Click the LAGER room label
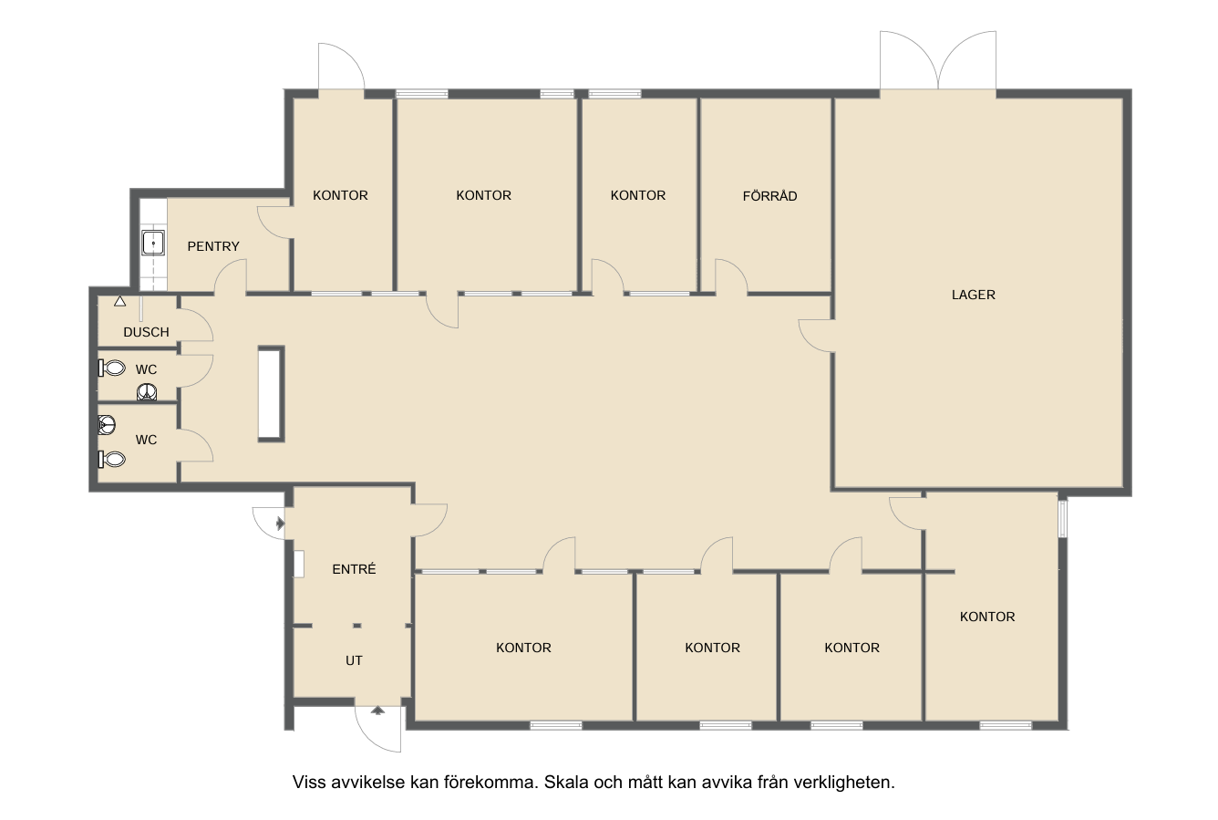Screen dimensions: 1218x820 [974, 295]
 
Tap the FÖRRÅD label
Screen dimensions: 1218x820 [770, 196]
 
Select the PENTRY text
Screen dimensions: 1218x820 [213, 246]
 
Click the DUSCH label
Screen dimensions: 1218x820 [146, 332]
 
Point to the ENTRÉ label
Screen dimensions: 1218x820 [354, 568]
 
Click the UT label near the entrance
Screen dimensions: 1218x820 [354, 660]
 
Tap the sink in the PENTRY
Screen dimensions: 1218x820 [153, 243]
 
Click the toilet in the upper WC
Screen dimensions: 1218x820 [112, 368]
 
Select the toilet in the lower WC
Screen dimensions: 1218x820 [112, 459]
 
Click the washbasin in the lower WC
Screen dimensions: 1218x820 [107, 424]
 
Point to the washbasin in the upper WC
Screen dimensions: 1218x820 [147, 392]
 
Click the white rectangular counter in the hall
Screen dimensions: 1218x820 [271, 394]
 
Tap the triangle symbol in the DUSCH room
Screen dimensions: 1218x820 [119, 301]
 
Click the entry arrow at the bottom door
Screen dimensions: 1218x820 [378, 710]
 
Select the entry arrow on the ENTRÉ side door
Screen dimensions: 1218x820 [281, 524]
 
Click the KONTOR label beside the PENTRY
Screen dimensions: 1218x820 [340, 195]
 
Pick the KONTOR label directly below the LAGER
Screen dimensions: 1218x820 [987, 617]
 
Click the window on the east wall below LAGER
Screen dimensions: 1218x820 [1062, 519]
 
